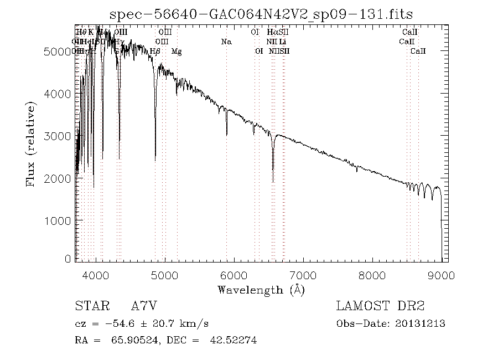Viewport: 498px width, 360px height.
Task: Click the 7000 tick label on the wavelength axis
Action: [x=303, y=275]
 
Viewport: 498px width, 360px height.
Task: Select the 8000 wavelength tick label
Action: [x=372, y=275]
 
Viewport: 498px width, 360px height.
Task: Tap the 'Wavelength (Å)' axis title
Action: [x=261, y=289]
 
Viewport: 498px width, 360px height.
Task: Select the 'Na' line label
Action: [x=226, y=42]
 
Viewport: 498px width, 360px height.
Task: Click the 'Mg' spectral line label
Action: [x=177, y=52]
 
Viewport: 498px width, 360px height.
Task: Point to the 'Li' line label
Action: [x=283, y=42]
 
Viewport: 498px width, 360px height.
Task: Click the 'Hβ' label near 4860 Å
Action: [x=155, y=52]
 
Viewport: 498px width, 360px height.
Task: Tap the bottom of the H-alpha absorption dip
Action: [x=273, y=181]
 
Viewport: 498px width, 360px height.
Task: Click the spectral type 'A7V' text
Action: [x=144, y=306]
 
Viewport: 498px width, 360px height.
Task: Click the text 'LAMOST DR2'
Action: [x=380, y=306]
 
